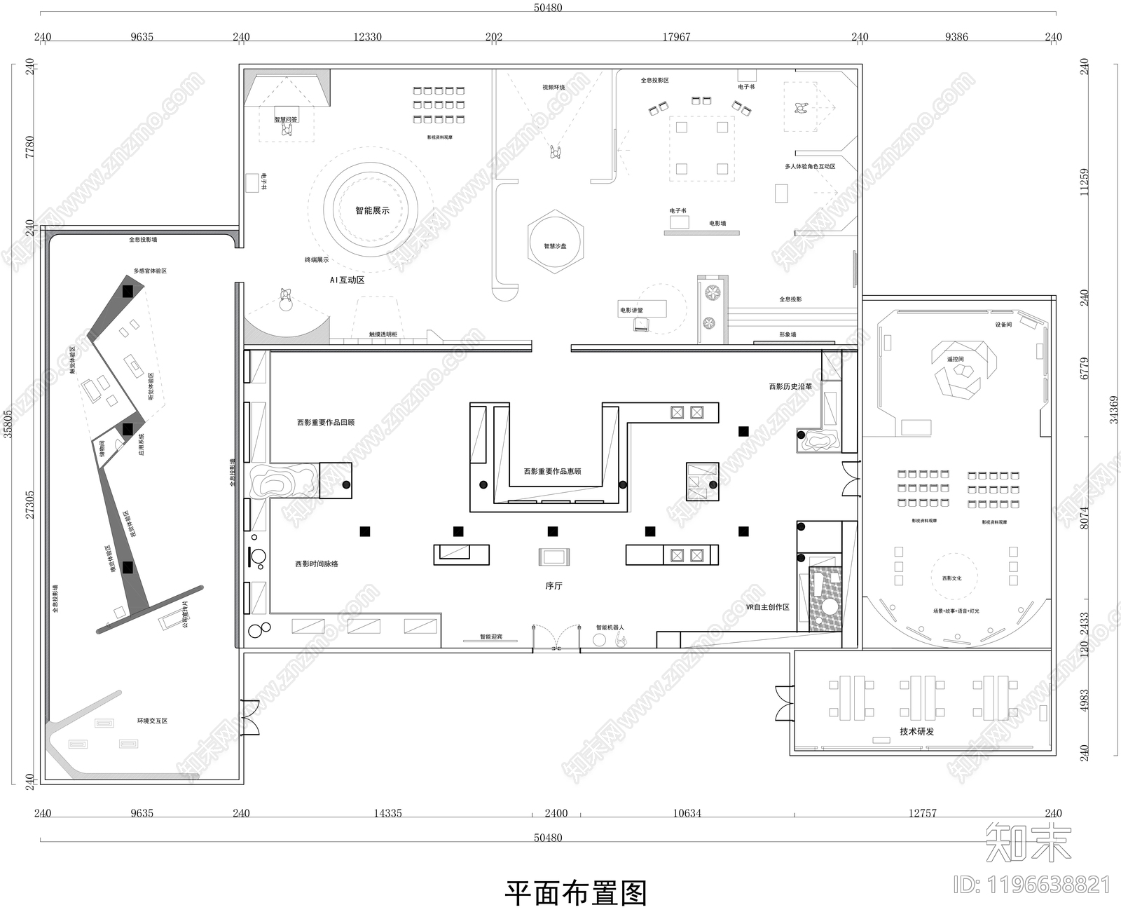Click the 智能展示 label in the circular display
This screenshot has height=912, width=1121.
pyautogui.click(x=372, y=210)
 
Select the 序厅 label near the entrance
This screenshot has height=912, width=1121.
pyautogui.click(x=553, y=585)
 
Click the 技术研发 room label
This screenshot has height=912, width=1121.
pyautogui.click(x=916, y=731)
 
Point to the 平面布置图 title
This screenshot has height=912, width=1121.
pyautogui.click(x=575, y=893)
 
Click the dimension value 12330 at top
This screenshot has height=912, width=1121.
pyautogui.click(x=367, y=37)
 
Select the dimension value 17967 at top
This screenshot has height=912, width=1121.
pyautogui.click(x=676, y=37)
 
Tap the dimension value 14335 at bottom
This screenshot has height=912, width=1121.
pyautogui.click(x=387, y=813)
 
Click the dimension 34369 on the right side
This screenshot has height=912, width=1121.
pyautogui.click(x=1113, y=421)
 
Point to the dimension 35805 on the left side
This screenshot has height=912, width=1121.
pyautogui.click(x=8, y=424)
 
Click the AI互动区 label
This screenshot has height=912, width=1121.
pyautogui.click(x=348, y=280)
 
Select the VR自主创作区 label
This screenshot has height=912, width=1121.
pyautogui.click(x=768, y=607)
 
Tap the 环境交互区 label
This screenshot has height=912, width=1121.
pyautogui.click(x=152, y=721)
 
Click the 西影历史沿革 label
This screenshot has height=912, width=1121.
pyautogui.click(x=790, y=386)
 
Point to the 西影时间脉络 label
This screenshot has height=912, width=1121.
pyautogui.click(x=317, y=564)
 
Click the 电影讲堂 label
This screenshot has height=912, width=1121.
pyautogui.click(x=631, y=310)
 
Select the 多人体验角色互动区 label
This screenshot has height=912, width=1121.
pyautogui.click(x=810, y=167)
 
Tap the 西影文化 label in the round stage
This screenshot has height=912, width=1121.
pyautogui.click(x=951, y=578)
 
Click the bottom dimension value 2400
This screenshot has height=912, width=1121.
pyautogui.click(x=556, y=813)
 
